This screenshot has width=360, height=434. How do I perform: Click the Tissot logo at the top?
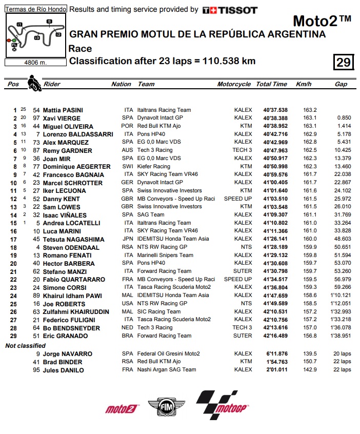click(230, 10)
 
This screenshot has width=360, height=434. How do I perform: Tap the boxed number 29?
click(343, 63)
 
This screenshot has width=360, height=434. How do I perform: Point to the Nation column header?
click(121, 84)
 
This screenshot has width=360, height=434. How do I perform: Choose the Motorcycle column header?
click(234, 84)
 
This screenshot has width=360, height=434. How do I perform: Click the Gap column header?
click(341, 84)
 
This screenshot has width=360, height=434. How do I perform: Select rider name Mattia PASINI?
click(63, 110)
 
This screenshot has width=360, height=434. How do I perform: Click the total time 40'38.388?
click(275, 118)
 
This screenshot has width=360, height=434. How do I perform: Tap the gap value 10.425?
click(342, 150)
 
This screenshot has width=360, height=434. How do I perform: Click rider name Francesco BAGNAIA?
click(68, 175)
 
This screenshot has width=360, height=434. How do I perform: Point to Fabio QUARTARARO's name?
click(69, 280)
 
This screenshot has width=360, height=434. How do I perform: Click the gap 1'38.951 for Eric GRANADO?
click(340, 336)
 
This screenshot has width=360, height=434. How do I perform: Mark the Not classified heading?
click(26, 345)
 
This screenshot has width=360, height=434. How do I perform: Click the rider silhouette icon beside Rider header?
click(34, 83)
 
